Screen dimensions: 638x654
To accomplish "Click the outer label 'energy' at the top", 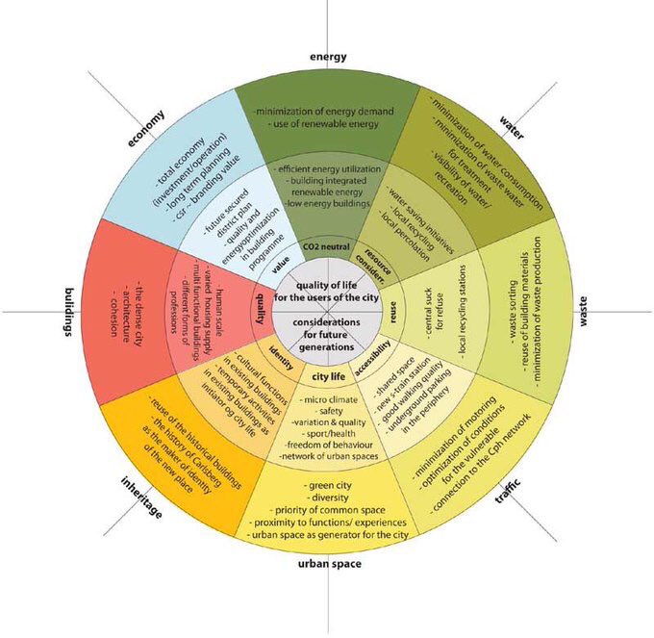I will click(x=328, y=58).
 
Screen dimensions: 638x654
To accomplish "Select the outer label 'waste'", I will click(x=583, y=315).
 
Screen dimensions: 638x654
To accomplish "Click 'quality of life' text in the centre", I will click(x=328, y=289).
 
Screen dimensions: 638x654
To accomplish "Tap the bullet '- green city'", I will click(x=327, y=485).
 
